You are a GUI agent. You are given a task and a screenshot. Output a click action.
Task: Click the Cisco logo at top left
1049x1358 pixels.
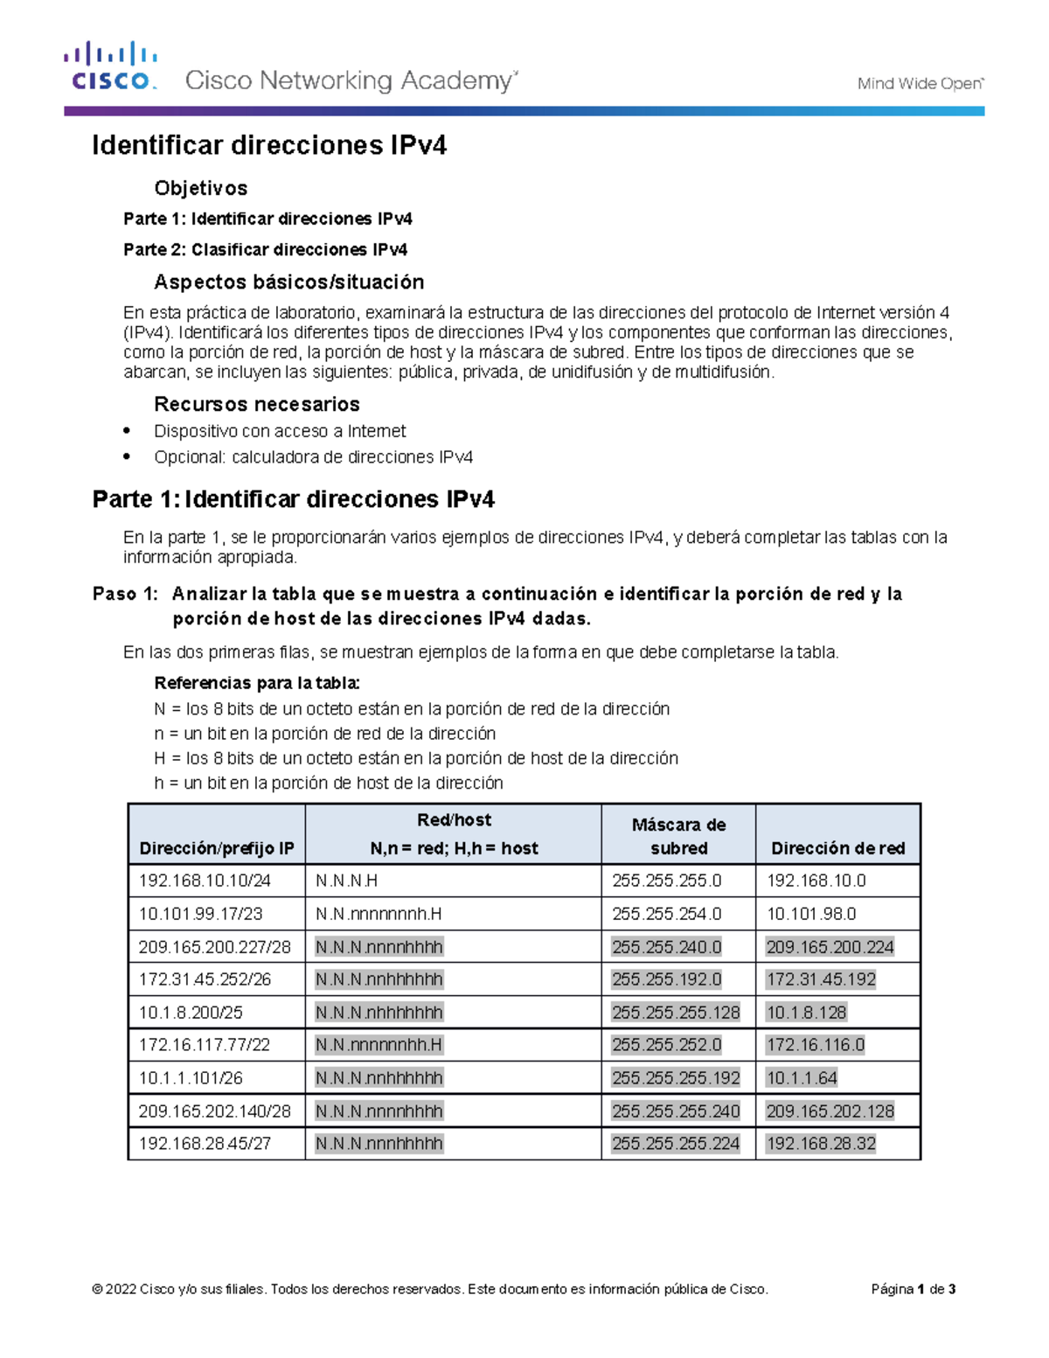pyautogui.click(x=110, y=66)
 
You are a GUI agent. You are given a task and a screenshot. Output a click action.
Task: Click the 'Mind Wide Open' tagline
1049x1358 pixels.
pyautogui.click(x=920, y=84)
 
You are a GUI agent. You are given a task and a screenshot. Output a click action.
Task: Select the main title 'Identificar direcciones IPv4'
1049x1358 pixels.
pyautogui.click(x=269, y=145)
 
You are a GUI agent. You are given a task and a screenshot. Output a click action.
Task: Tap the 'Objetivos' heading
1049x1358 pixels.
pyautogui.click(x=200, y=188)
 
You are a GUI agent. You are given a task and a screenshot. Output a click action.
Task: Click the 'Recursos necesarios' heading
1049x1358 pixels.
pyautogui.click(x=256, y=404)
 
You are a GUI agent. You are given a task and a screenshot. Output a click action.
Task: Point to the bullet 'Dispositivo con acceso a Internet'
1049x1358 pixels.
pyautogui.click(x=280, y=431)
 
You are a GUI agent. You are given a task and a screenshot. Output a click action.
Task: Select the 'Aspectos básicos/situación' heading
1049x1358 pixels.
pyautogui.click(x=288, y=282)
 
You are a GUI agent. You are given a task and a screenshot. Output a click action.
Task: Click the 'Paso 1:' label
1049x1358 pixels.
pyautogui.click(x=126, y=594)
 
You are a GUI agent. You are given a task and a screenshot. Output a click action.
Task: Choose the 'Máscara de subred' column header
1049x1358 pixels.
pyautogui.click(x=678, y=836)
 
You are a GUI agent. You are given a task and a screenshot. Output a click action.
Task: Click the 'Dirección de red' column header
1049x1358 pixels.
pyautogui.click(x=837, y=848)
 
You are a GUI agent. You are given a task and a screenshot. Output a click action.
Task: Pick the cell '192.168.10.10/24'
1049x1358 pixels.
pyautogui.click(x=205, y=881)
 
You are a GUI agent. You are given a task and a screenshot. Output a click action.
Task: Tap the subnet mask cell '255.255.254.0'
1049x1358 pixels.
pyautogui.click(x=667, y=914)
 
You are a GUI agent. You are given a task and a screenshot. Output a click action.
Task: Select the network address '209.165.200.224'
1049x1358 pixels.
pyautogui.click(x=830, y=947)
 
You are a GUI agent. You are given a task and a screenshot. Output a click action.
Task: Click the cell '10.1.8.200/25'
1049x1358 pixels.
pyautogui.click(x=191, y=1013)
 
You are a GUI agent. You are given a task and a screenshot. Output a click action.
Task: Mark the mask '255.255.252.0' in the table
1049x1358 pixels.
pyautogui.click(x=667, y=1045)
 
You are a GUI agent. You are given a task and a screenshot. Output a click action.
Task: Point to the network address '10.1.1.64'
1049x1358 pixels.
pyautogui.click(x=802, y=1078)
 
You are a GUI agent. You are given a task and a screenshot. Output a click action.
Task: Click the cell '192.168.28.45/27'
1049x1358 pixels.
pyautogui.click(x=205, y=1144)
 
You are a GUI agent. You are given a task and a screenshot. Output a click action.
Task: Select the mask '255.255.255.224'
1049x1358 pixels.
pyautogui.click(x=676, y=1144)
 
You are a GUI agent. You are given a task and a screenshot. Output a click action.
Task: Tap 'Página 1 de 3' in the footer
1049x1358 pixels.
pyautogui.click(x=913, y=1289)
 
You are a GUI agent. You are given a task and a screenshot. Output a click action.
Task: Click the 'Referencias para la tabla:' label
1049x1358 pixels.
pyautogui.click(x=256, y=683)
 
